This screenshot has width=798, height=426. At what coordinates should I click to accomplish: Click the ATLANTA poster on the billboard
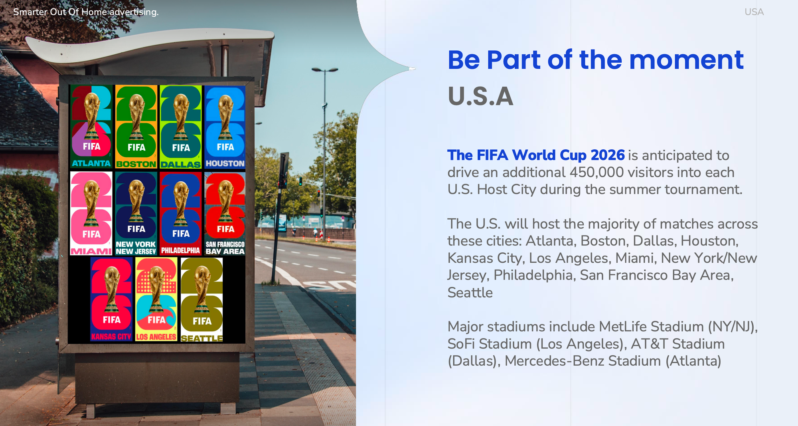tap(91, 127)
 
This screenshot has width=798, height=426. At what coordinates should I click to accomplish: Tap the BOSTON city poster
tap(136, 127)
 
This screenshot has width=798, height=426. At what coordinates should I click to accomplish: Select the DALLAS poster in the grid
tap(181, 127)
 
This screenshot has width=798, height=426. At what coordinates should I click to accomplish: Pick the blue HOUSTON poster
tap(225, 127)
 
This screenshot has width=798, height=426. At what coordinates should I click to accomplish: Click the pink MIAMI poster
tap(91, 214)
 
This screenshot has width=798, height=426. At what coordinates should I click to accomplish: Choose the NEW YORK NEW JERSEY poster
tap(136, 214)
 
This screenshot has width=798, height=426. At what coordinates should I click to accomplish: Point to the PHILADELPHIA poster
tap(181, 214)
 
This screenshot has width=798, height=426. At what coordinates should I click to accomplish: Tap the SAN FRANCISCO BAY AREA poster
tap(225, 214)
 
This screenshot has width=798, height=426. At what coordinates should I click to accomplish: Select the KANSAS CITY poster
tap(111, 299)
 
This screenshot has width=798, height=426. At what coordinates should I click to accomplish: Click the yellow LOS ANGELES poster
tap(156, 299)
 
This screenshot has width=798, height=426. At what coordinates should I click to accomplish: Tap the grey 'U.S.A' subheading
tap(480, 96)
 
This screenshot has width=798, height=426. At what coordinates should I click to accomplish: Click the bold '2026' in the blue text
tap(608, 155)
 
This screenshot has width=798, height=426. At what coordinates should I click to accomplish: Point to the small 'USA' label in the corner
tap(754, 12)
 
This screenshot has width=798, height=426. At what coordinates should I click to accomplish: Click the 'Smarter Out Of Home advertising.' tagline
tap(86, 12)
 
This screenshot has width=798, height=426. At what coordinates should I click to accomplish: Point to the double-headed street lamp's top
tap(325, 70)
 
